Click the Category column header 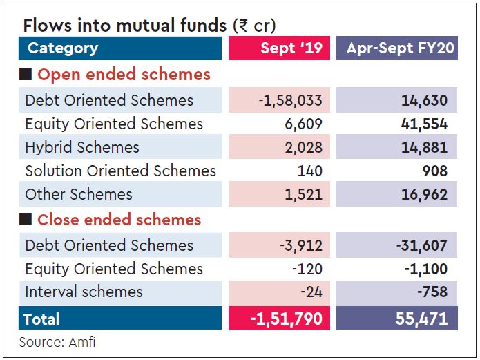[x=63, y=48]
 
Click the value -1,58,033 [x=290, y=101]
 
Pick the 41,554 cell [x=424, y=124]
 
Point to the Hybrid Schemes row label [x=81, y=148]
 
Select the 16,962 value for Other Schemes [x=424, y=195]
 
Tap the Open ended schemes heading [x=124, y=75]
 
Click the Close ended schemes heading [x=119, y=220]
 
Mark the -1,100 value [x=422, y=269]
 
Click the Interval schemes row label [x=84, y=292]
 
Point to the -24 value [x=311, y=292]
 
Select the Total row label [x=41, y=319]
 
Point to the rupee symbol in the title [x=242, y=26]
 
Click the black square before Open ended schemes [x=26, y=75]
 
